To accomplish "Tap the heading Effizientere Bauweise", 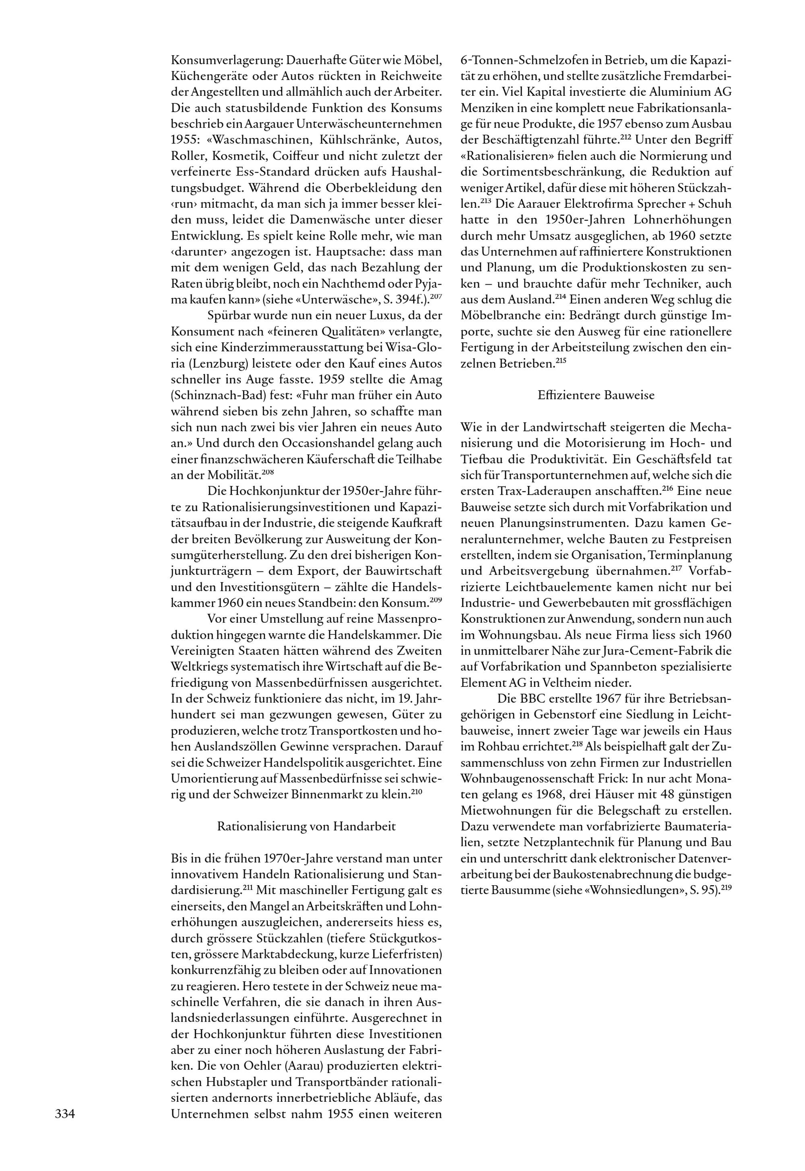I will pos(596,395).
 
